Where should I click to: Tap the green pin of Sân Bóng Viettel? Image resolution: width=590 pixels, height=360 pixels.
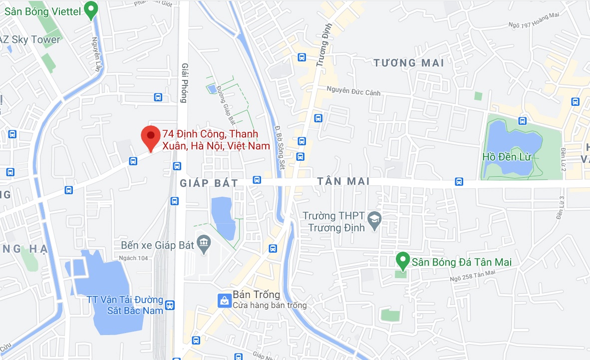(90, 9)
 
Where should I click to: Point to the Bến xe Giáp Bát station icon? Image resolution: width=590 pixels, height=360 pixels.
(203, 244)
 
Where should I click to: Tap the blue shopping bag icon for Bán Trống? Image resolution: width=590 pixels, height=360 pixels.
(224, 300)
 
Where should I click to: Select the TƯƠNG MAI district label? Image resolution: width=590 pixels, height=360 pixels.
(409, 63)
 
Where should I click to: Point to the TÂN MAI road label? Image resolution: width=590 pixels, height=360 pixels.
(343, 182)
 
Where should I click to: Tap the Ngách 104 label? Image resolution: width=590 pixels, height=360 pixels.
(134, 258)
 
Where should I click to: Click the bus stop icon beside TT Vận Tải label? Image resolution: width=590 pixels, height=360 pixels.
(170, 305)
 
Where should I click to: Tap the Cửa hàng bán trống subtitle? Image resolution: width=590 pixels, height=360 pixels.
(270, 305)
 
